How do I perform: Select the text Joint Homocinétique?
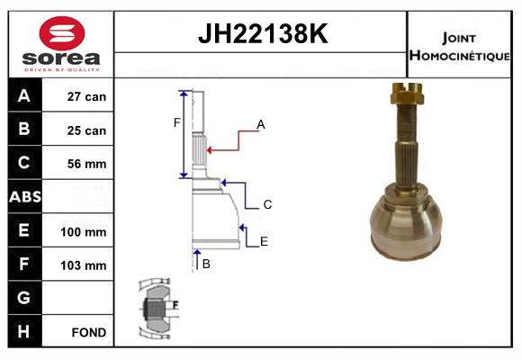460,46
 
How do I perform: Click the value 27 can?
87,97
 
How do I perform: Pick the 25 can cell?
87,130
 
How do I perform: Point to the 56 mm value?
87,164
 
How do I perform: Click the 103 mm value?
87,265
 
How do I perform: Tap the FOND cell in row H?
89,332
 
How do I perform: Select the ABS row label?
24,197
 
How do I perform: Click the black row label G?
24,298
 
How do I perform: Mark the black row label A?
24,96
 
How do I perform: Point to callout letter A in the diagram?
261,124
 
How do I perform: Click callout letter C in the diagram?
267,205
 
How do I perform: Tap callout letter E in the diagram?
264,241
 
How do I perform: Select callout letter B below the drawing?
206,264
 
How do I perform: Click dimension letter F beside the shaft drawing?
176,122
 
